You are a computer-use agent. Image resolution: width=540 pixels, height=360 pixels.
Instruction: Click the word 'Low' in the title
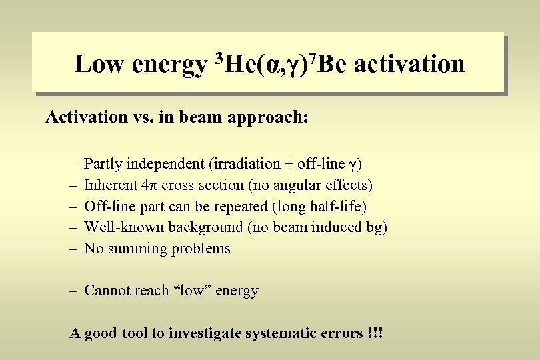click(100, 65)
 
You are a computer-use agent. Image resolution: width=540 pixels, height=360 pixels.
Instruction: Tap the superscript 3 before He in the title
click(219, 58)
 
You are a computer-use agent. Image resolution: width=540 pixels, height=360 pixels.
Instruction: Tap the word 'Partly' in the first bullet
click(104, 164)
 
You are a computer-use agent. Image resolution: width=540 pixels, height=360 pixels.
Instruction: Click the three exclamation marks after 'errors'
click(375, 333)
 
